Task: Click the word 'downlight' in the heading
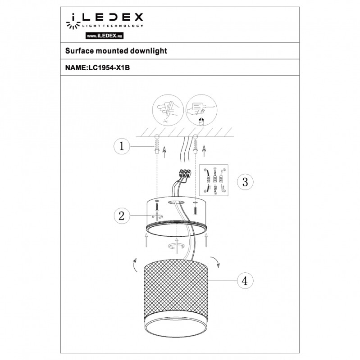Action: pos(149,51)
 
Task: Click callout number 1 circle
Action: pos(122,146)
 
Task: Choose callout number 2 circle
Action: pos(122,216)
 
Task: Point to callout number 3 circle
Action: pos(245,182)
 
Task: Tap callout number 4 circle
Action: pos(244,280)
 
